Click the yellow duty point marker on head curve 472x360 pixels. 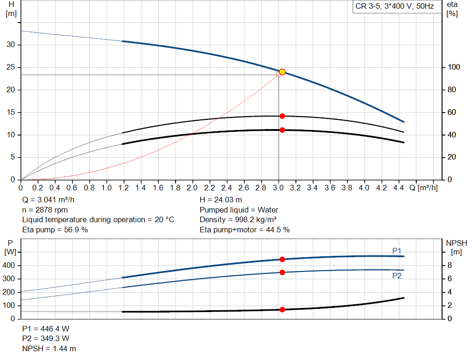(x=282, y=72)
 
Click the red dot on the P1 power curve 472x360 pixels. (x=282, y=260)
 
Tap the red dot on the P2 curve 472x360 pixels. (x=282, y=272)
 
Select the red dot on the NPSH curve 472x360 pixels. (x=282, y=310)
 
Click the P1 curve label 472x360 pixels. (x=397, y=250)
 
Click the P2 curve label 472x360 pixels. (x=397, y=276)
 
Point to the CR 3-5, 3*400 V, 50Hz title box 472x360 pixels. (x=395, y=7)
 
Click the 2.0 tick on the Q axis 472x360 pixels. (x=192, y=188)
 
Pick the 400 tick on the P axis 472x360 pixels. (x=10, y=266)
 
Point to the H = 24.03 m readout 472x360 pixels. (x=220, y=200)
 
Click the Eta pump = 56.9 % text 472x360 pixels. (x=55, y=230)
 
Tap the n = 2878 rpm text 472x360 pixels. (x=45, y=210)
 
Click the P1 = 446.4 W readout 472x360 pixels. (x=46, y=329)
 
